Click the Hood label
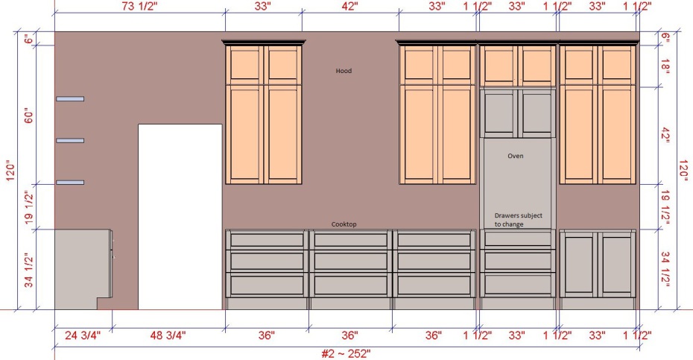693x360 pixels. point(344,71)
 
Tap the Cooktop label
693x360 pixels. point(344,224)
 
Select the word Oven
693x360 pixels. point(516,156)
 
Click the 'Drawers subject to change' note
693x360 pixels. point(518,220)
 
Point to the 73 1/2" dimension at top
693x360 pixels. point(139,6)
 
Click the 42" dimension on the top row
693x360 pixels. point(349,6)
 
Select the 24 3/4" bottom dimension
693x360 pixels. point(83,335)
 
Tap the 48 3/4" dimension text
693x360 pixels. point(168,335)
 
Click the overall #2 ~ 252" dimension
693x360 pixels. point(346,354)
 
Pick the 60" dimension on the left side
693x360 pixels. point(29,115)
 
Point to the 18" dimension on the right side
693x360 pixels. point(665,66)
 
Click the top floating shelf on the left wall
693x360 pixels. point(70,98)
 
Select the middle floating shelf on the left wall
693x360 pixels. point(70,141)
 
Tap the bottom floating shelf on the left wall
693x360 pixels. point(70,182)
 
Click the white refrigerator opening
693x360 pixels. point(180,217)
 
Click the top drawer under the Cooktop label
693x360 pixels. point(350,240)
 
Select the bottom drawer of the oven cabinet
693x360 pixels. point(518,285)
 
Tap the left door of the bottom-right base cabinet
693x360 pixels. point(579,264)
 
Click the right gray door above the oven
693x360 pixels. point(537,113)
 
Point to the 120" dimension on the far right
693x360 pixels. point(684,170)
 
